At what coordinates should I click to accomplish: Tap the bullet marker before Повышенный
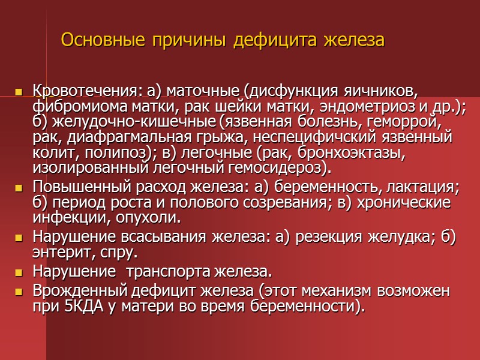coord(19,188)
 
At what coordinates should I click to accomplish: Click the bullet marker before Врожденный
coord(19,292)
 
